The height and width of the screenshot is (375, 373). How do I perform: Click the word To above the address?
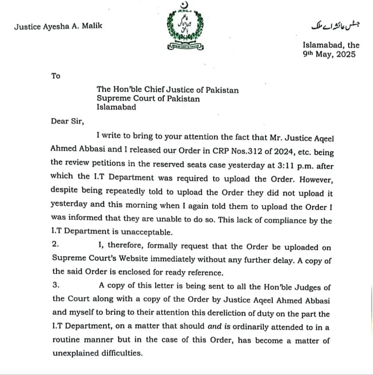click(x=56, y=76)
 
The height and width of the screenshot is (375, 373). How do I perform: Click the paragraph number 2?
click(x=55, y=244)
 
